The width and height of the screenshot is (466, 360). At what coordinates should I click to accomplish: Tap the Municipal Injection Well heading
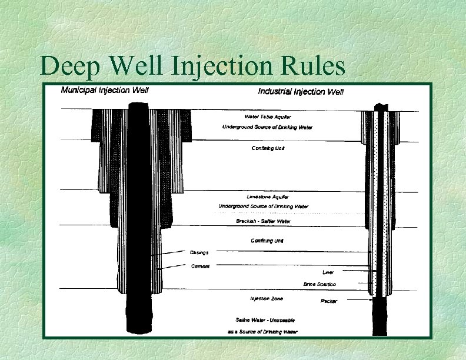click(105, 91)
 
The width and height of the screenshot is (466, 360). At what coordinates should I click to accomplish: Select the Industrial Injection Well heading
click(301, 91)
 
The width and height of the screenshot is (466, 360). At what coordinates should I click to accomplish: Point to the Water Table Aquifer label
click(268, 116)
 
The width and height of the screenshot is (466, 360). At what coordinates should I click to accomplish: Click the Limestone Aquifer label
click(267, 196)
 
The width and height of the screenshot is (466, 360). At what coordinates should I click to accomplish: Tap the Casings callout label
click(199, 252)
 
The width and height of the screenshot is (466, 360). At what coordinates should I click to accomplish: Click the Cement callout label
click(200, 266)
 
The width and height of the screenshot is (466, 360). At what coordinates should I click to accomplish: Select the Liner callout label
click(328, 272)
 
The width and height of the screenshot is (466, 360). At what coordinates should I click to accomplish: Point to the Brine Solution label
click(319, 284)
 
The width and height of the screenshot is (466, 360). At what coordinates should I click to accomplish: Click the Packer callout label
click(328, 301)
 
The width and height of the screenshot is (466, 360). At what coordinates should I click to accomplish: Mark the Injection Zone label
click(267, 299)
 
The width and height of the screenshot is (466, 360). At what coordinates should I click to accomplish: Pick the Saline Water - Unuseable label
click(265, 319)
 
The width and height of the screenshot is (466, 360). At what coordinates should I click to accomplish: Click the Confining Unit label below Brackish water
click(267, 241)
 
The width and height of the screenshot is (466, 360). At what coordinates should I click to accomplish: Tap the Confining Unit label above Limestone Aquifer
click(268, 148)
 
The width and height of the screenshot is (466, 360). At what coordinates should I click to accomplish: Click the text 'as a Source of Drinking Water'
click(262, 332)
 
